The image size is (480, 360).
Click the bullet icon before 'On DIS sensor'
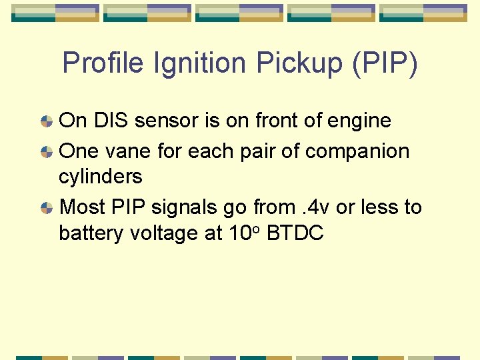point(47,121)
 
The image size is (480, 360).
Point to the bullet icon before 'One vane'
point(47,152)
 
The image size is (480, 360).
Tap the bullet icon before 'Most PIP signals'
point(47,208)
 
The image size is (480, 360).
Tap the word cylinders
point(101,177)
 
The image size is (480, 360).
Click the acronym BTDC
point(294,233)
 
